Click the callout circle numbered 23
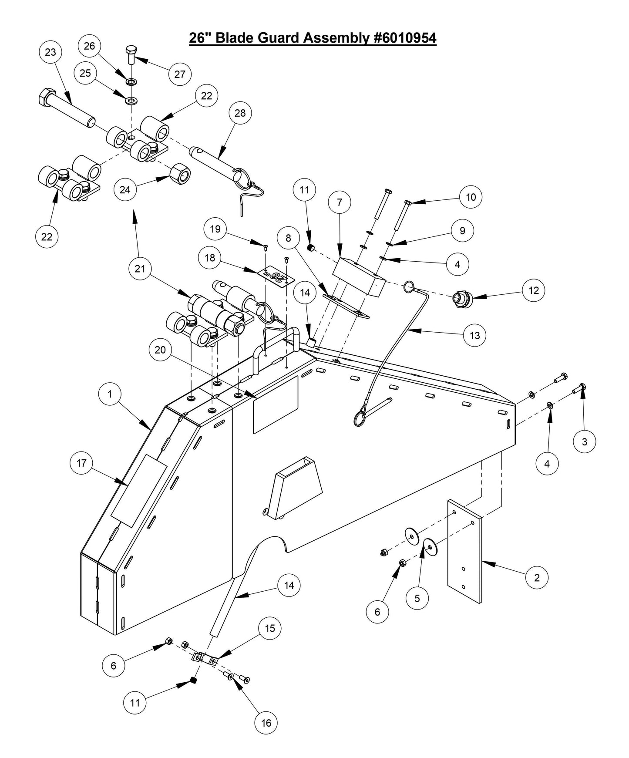tap(50, 52)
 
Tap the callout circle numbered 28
tap(240, 113)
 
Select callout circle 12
tap(534, 290)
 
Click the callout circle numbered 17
tap(81, 463)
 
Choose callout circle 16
tap(266, 723)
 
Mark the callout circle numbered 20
tap(160, 350)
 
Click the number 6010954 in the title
tap(405, 38)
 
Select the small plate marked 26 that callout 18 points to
tap(276, 277)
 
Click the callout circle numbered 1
tap(110, 394)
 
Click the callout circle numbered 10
tap(471, 197)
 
